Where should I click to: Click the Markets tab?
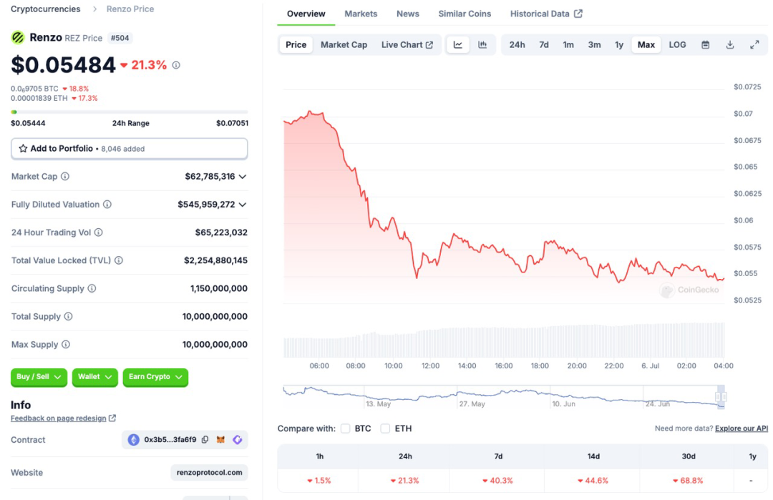pyautogui.click(x=361, y=14)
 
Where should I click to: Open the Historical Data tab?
pyautogui.click(x=545, y=14)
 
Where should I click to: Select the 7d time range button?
pyautogui.click(x=544, y=44)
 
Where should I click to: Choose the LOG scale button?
pyautogui.click(x=677, y=44)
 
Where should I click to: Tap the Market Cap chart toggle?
pyautogui.click(x=344, y=44)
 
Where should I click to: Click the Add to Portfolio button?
pyautogui.click(x=129, y=149)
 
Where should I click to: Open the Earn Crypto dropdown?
pyautogui.click(x=155, y=377)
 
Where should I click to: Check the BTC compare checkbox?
pyautogui.click(x=346, y=428)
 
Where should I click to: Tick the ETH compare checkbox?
pyautogui.click(x=385, y=428)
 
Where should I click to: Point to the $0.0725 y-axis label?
pyautogui.click(x=747, y=87)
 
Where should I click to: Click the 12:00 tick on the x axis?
pyautogui.click(x=430, y=366)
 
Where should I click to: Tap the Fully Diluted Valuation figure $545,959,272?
pyautogui.click(x=206, y=205)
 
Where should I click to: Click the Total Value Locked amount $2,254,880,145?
pyautogui.click(x=215, y=260)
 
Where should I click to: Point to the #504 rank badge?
pyautogui.click(x=120, y=38)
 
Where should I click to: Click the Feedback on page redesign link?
pyautogui.click(x=58, y=418)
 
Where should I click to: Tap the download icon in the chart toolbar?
pyautogui.click(x=730, y=44)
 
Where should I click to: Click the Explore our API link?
pyautogui.click(x=741, y=428)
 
